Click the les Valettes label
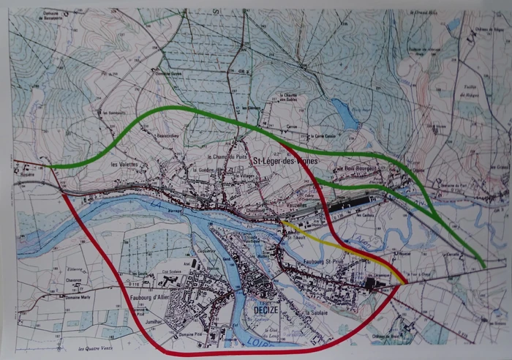(124, 165)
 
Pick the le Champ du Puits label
(226, 156)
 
